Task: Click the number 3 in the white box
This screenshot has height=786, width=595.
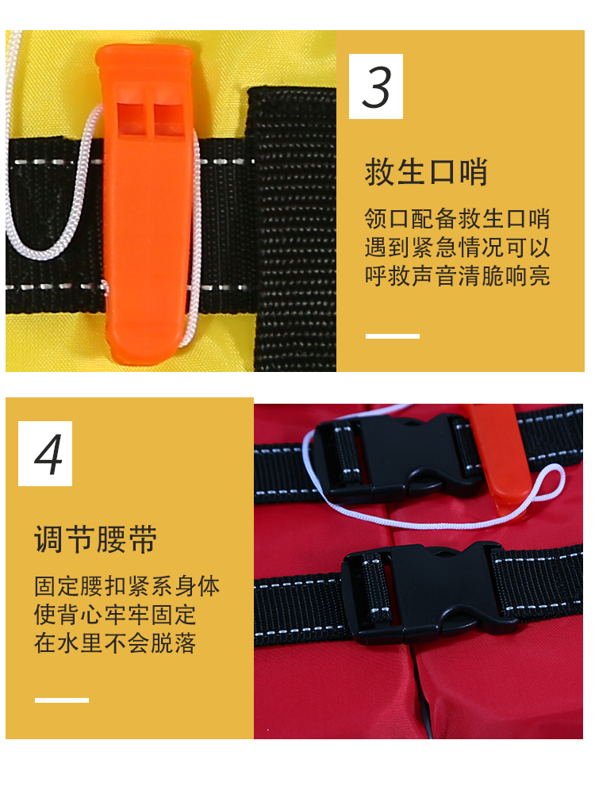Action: coord(376,86)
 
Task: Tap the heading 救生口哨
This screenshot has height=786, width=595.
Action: coord(426,172)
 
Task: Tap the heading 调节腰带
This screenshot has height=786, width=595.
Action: coord(95,539)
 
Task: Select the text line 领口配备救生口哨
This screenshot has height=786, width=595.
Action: coord(457,219)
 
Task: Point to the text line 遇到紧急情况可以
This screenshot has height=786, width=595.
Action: coord(457,247)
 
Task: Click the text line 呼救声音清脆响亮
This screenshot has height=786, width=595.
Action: coord(457,276)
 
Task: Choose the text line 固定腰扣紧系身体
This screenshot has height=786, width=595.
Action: coord(127,587)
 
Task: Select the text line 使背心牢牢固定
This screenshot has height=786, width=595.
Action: coord(115,615)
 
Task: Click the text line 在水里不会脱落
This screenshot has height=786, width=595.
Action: coord(115,643)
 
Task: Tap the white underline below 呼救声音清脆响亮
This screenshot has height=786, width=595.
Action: coord(393,336)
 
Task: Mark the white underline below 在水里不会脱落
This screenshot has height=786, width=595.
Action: coord(62,700)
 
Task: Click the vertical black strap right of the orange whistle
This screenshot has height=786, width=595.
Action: coord(292,230)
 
